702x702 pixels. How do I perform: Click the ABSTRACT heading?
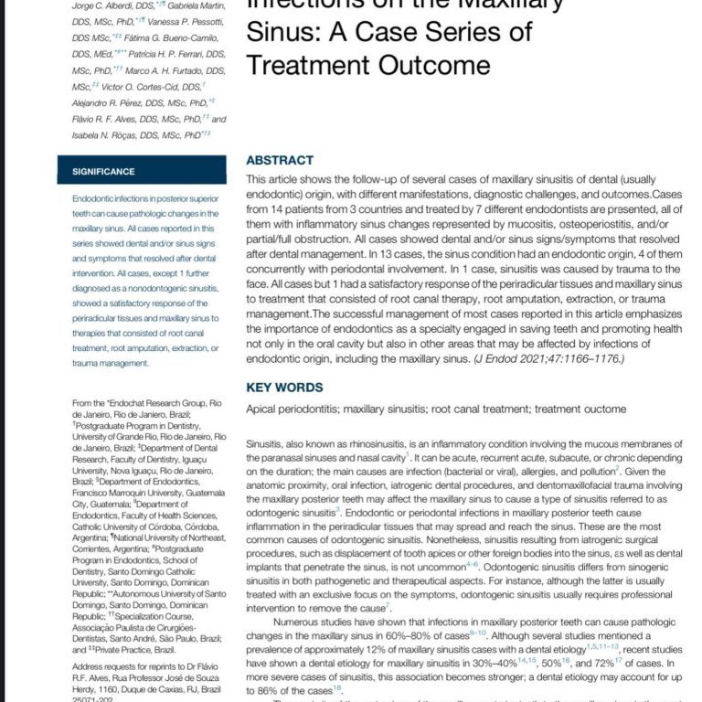click(280, 160)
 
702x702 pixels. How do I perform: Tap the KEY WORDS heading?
click(284, 388)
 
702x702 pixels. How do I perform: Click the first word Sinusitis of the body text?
click(271, 443)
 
